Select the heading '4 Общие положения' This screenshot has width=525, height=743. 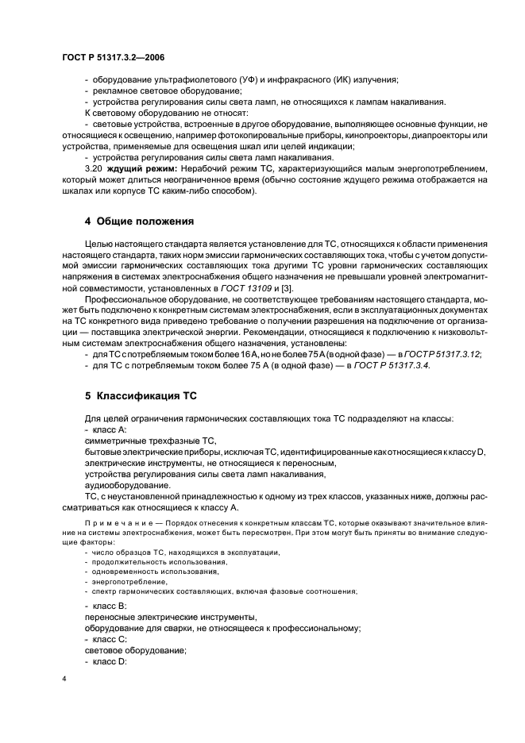[139, 220]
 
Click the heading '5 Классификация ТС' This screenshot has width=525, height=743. [140, 395]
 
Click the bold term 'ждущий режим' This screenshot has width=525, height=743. [137, 168]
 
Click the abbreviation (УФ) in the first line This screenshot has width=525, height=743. [220, 79]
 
